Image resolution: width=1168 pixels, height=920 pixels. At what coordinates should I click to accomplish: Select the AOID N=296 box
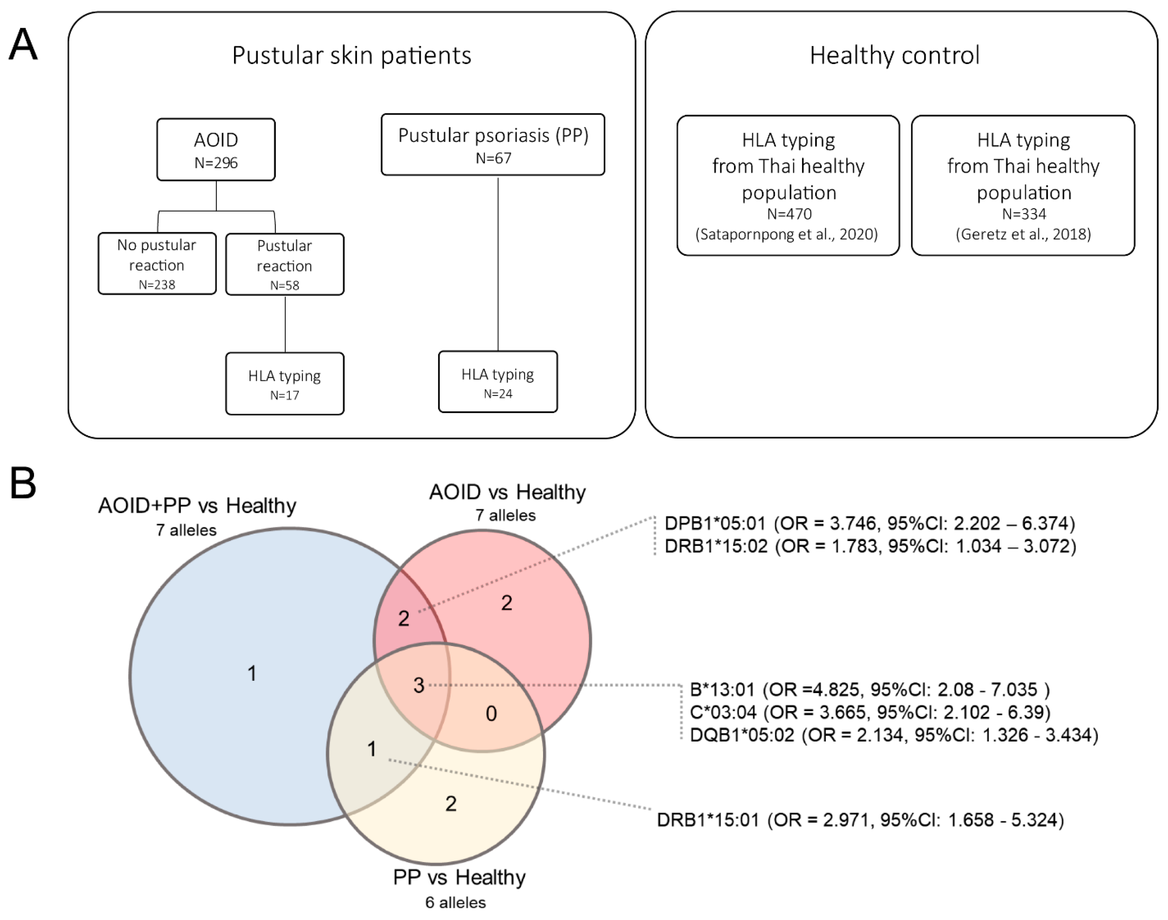tap(216, 150)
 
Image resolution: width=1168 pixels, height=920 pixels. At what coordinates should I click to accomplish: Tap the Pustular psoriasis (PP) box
tap(493, 144)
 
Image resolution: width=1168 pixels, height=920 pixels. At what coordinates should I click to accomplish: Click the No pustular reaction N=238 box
tap(157, 263)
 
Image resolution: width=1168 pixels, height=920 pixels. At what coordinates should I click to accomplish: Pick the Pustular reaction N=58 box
tap(284, 264)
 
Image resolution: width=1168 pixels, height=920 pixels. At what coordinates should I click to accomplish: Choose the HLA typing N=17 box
tap(284, 384)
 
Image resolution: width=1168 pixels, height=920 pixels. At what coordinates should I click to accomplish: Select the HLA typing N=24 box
tap(497, 382)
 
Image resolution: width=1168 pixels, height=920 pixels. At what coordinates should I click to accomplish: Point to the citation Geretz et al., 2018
tap(1023, 234)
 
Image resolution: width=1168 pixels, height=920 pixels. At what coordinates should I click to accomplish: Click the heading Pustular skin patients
tap(352, 56)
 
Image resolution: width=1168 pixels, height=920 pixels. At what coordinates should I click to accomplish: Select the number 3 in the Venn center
tap(419, 685)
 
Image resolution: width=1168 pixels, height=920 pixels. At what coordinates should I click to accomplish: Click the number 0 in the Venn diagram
tap(491, 714)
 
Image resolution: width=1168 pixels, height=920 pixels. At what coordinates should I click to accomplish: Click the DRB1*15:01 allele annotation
tap(860, 820)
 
